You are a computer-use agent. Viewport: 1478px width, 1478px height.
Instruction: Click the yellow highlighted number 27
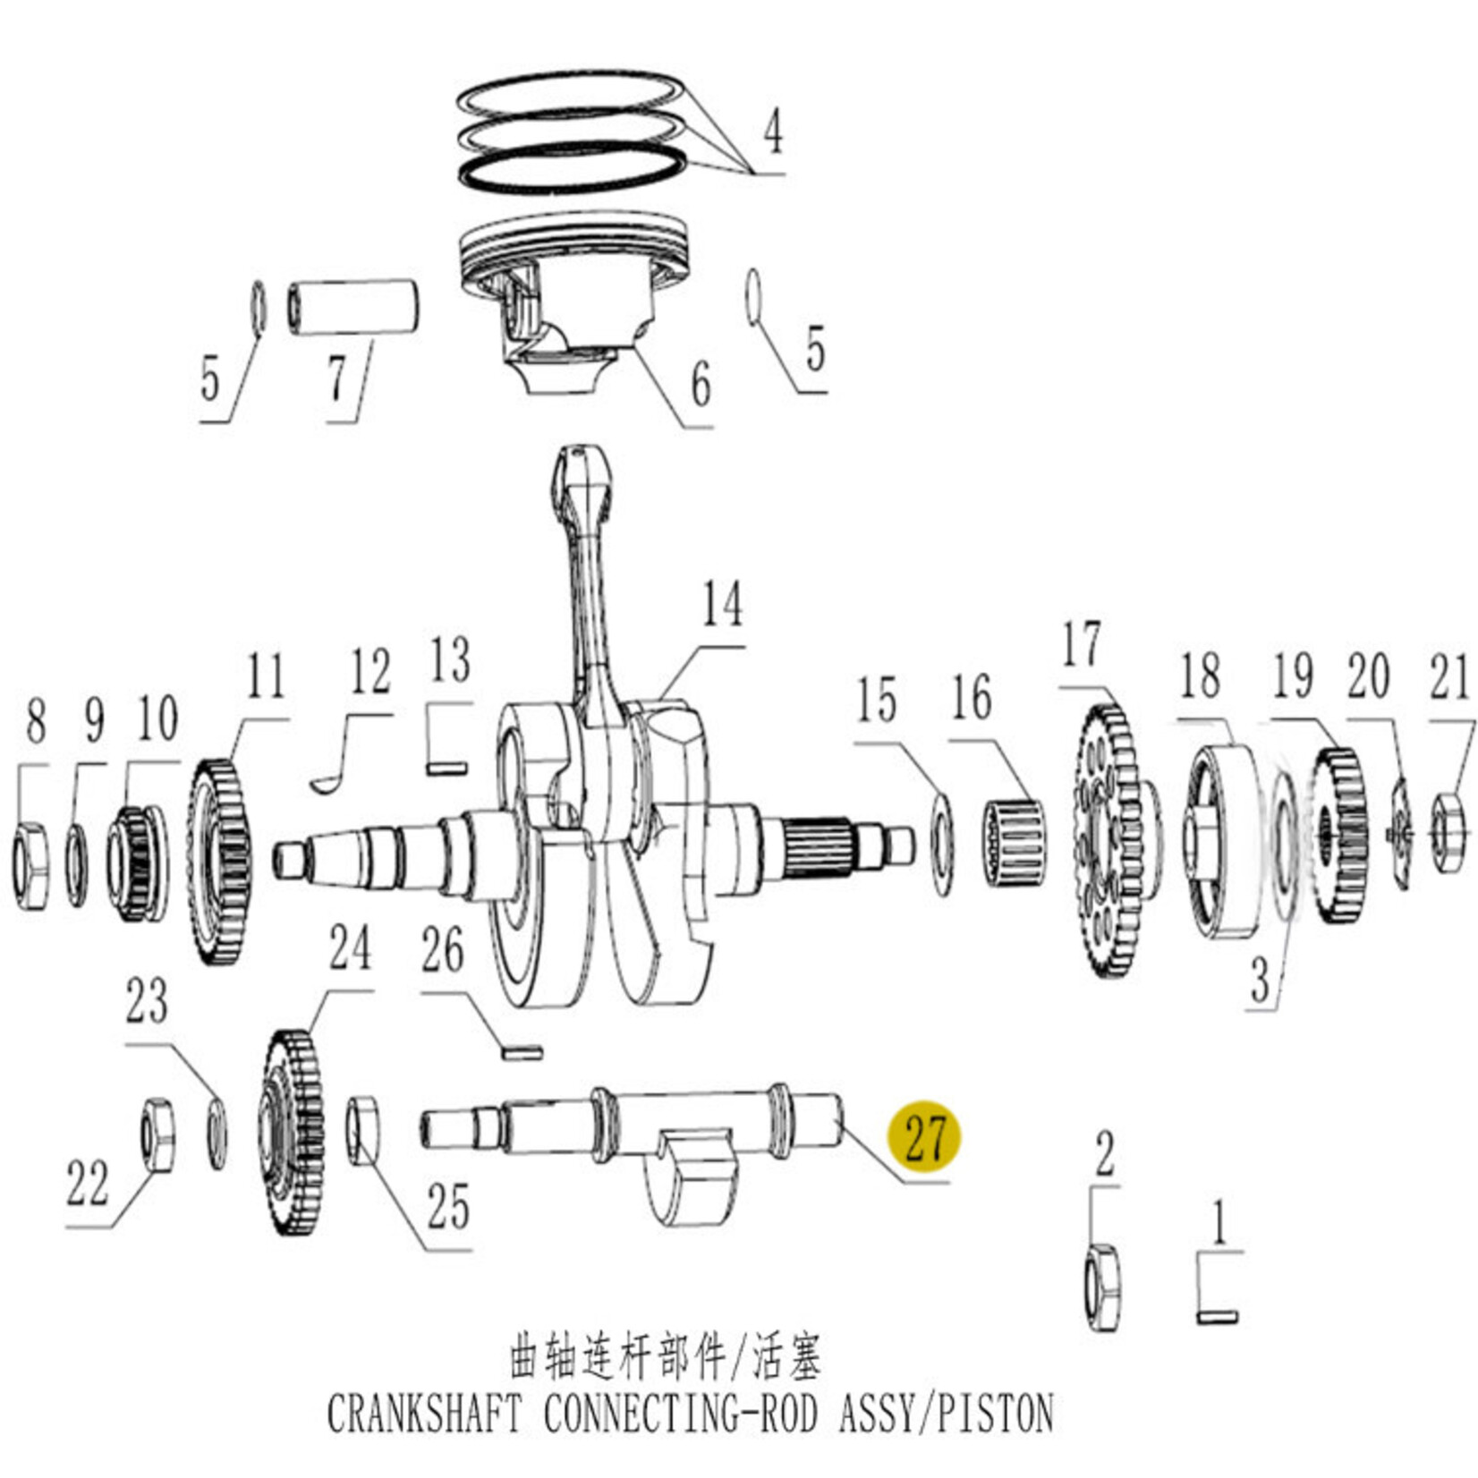point(924,1137)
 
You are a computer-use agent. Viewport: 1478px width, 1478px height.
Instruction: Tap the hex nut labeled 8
point(31,864)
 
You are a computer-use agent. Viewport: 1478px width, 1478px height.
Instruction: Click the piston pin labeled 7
point(353,308)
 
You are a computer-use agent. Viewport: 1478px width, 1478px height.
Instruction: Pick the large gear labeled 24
point(294,1134)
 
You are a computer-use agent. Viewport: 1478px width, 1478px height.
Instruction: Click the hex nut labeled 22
point(157,1134)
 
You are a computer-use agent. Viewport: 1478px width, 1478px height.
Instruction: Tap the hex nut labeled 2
point(1102,1286)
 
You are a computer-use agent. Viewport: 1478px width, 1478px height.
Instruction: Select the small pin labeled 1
point(1217,1316)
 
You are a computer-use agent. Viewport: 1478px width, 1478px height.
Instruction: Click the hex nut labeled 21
point(1447,832)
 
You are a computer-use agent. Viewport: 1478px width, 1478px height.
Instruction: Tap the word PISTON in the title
point(992,1414)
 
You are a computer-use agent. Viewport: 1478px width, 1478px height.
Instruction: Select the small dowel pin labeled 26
point(522,1052)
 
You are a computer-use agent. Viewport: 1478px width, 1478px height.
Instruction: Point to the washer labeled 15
point(942,843)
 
